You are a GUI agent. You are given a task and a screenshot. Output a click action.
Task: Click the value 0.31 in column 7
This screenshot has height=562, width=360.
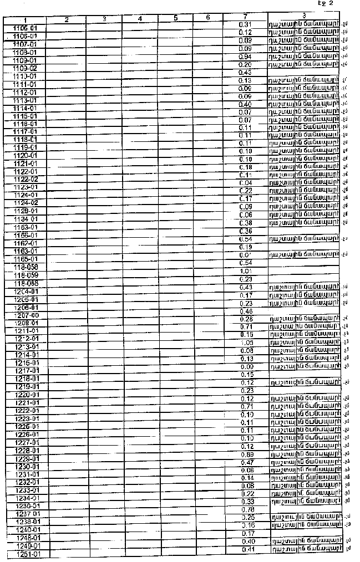click(245, 25)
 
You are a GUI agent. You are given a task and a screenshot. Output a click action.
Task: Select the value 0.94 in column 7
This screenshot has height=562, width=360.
click(245, 57)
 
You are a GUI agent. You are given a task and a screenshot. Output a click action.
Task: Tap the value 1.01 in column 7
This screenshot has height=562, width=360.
click(245, 271)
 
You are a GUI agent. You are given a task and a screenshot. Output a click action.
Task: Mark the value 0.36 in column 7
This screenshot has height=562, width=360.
click(245, 231)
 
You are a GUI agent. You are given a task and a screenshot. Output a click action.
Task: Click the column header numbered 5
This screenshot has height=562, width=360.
click(175, 18)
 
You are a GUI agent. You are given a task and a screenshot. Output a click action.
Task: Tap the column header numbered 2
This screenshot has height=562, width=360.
click(66, 20)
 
